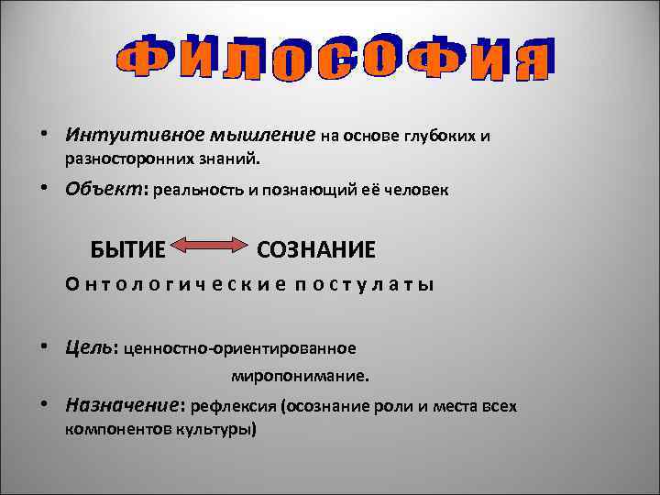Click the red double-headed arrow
pos(211,246)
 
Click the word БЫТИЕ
pos(128,248)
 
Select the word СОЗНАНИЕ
pos(316,248)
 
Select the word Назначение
pos(123,403)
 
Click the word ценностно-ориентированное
pos(239,348)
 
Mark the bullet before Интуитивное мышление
pos(44,136)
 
